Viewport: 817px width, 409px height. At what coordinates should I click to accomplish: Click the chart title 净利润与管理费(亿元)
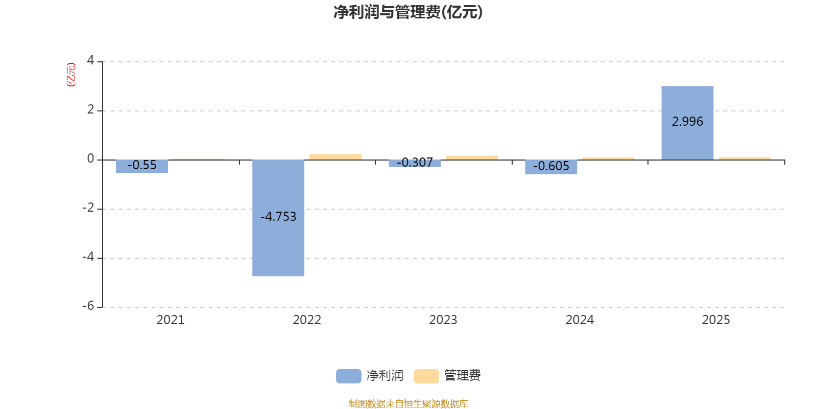click(x=408, y=12)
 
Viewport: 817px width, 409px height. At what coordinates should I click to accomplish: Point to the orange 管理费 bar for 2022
click(x=335, y=156)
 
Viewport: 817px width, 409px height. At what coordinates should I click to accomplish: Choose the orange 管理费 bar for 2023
click(x=472, y=157)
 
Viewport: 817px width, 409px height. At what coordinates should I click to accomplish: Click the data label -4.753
click(x=278, y=217)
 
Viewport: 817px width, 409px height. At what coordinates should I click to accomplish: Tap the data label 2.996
click(x=687, y=122)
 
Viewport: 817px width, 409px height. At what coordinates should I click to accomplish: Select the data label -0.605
click(x=551, y=166)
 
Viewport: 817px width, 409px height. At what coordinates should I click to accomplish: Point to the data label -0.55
click(x=142, y=165)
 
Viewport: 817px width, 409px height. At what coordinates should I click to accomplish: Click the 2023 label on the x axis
click(x=443, y=320)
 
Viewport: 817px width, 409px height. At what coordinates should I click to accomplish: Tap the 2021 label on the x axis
click(x=170, y=320)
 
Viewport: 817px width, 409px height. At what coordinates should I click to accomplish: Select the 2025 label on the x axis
click(x=716, y=320)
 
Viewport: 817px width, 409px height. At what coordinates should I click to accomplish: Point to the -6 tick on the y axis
click(x=88, y=306)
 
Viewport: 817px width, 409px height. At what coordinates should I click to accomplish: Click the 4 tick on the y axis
click(x=90, y=61)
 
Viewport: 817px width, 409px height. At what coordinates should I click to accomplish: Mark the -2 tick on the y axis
click(x=88, y=208)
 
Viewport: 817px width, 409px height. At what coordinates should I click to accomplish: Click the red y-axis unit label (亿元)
click(x=71, y=75)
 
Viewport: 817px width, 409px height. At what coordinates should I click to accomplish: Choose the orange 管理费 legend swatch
click(x=426, y=376)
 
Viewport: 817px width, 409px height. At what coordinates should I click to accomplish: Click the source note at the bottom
click(x=408, y=404)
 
